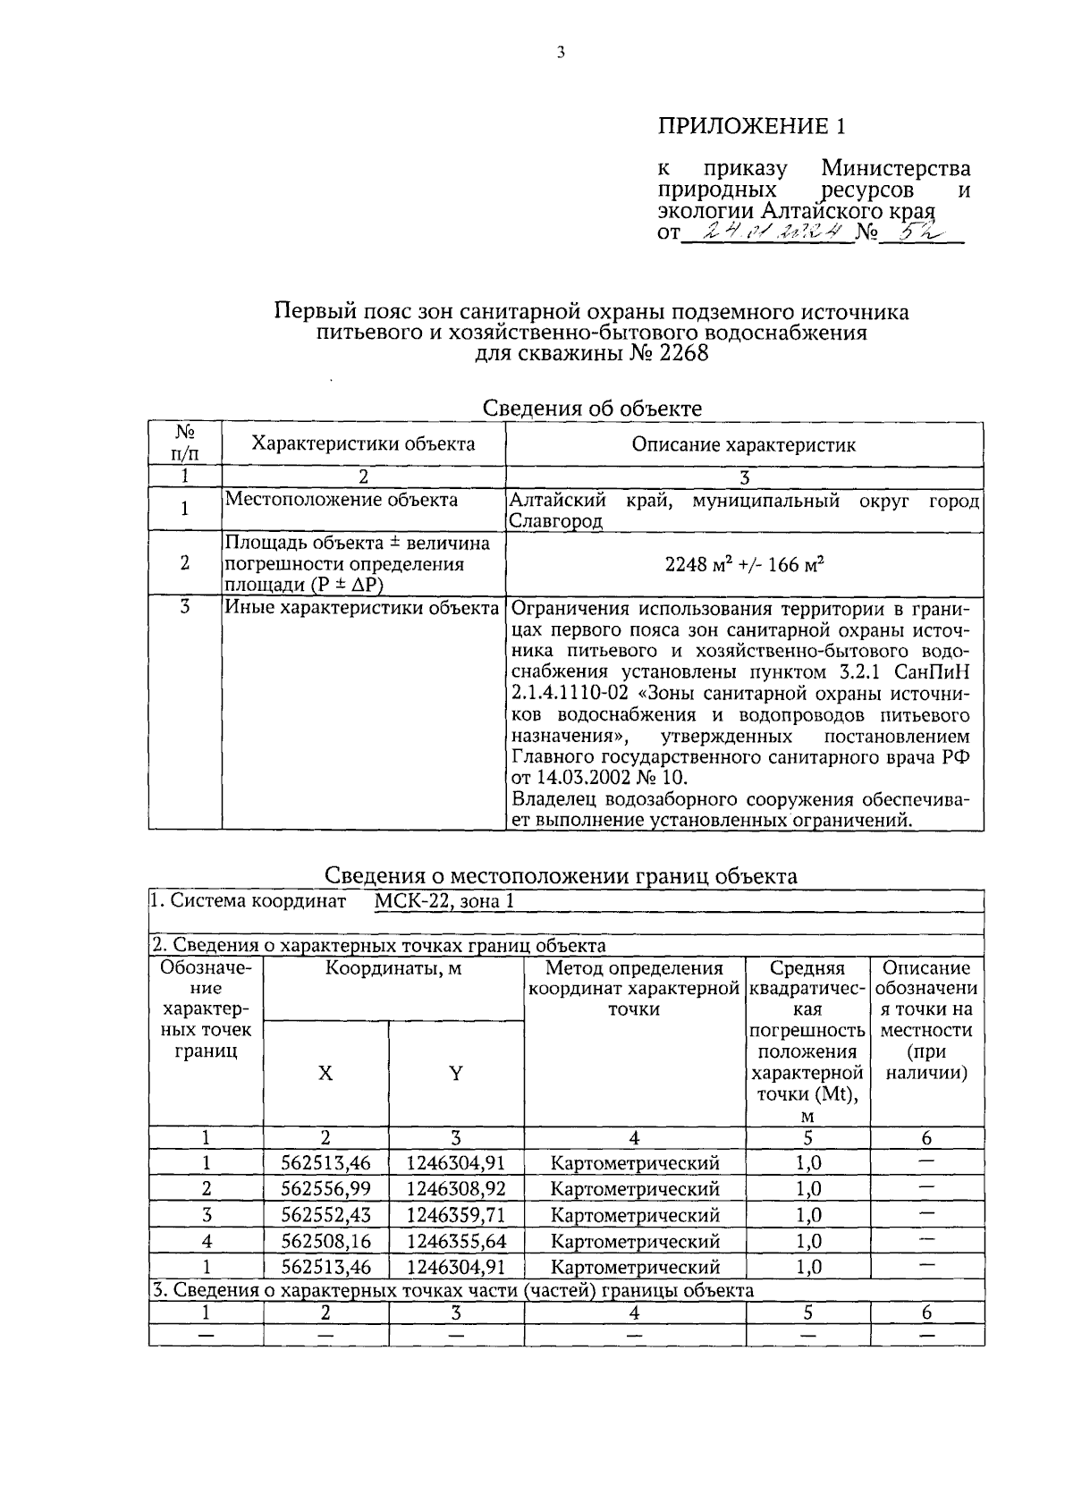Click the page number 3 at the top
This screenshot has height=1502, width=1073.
(x=561, y=53)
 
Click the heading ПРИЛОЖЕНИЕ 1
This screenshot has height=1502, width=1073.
(x=751, y=126)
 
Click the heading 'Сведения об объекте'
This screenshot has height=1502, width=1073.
(x=592, y=409)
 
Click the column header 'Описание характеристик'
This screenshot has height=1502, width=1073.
(x=743, y=444)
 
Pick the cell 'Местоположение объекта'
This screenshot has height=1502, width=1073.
(x=341, y=500)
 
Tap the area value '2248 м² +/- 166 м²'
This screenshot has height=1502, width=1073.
(x=744, y=564)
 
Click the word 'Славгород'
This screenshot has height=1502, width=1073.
(x=555, y=521)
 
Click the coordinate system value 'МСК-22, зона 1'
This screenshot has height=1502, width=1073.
(x=444, y=901)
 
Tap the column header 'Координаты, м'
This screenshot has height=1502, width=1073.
(x=393, y=967)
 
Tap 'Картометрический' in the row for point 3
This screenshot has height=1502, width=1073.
(x=634, y=1215)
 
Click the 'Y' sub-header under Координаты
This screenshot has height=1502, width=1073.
(x=455, y=1074)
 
